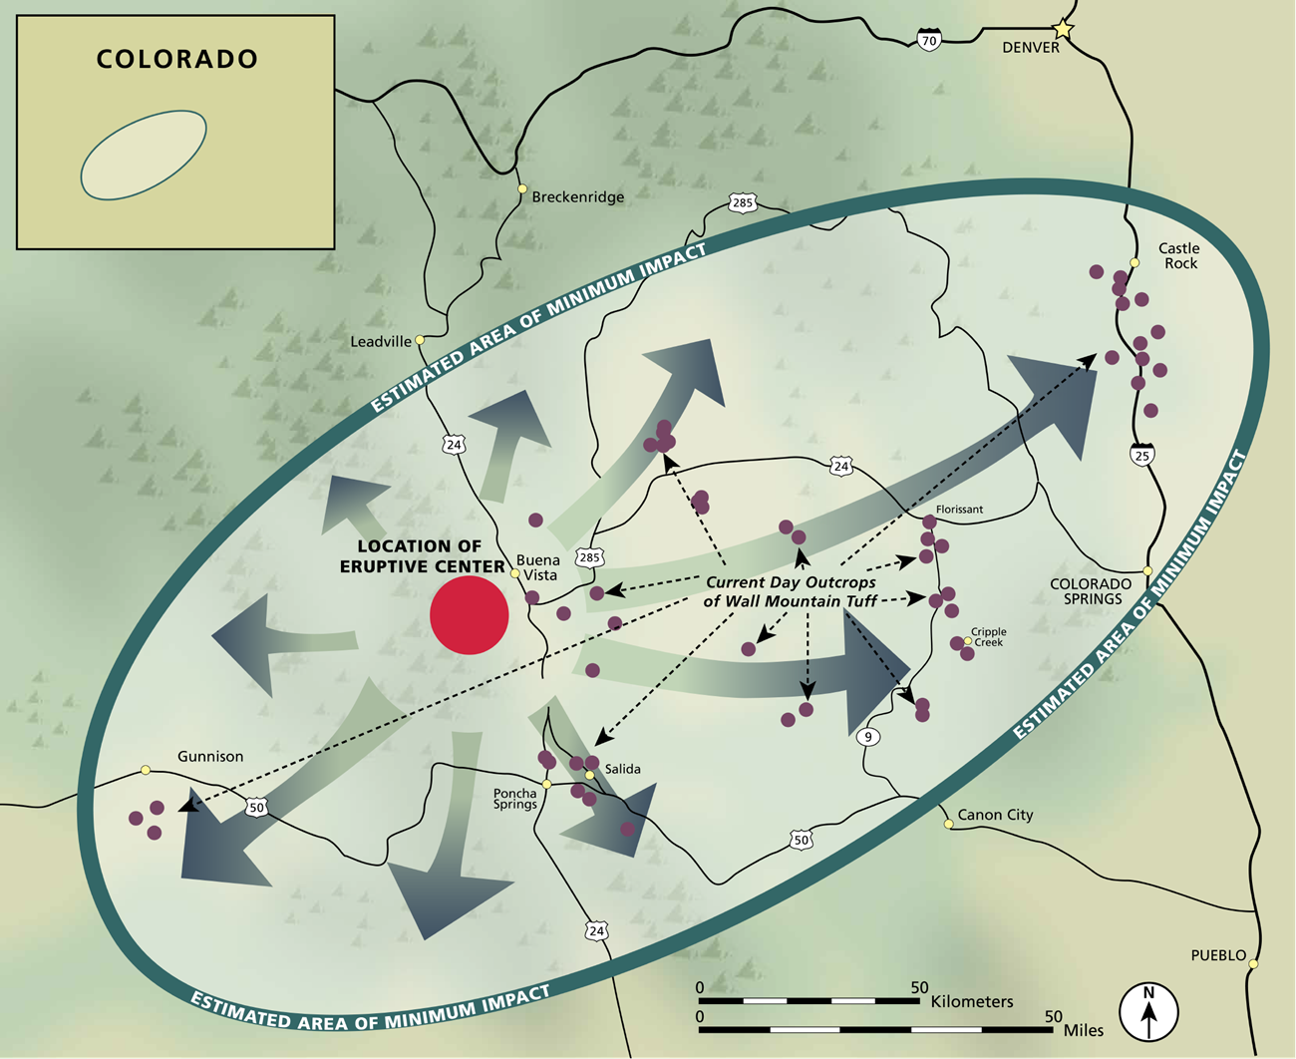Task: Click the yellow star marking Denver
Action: (1064, 30)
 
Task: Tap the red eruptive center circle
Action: (470, 615)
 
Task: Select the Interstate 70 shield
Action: (929, 41)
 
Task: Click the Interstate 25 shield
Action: (1142, 455)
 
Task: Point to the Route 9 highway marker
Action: (868, 737)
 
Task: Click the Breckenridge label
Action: (577, 197)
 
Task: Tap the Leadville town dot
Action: (421, 340)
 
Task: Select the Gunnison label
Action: (210, 757)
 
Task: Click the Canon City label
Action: (995, 815)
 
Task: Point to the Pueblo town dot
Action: (1254, 964)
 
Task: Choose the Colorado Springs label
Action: (1091, 591)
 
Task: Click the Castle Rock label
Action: (1179, 255)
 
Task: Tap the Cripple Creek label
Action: (989, 637)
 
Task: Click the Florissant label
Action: (959, 510)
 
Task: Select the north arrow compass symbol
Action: (1148, 1011)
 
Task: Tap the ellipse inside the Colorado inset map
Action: (144, 155)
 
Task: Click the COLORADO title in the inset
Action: (176, 60)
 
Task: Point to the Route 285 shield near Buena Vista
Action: (589, 558)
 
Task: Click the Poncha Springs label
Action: (514, 799)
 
